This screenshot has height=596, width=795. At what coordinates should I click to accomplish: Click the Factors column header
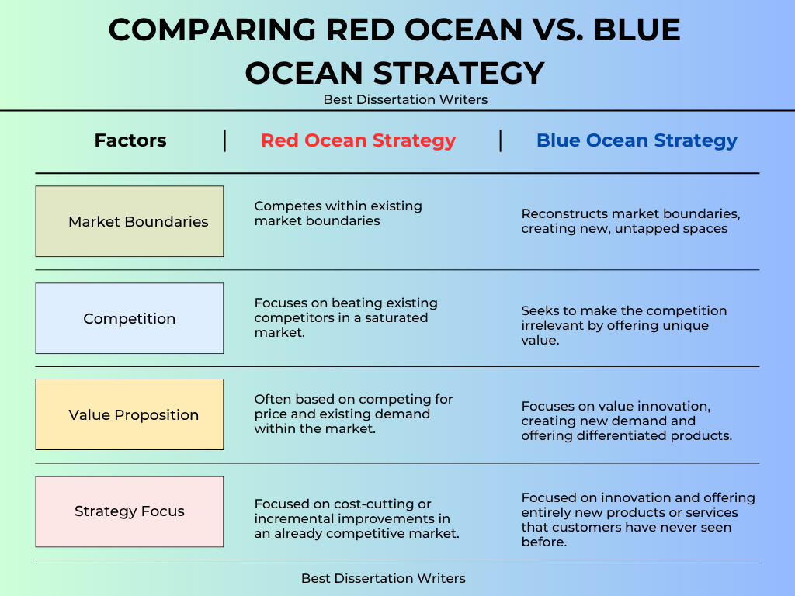130,140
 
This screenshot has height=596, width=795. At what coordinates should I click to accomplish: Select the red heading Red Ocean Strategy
358,141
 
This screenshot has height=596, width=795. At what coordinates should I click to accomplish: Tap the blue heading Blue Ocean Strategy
637,141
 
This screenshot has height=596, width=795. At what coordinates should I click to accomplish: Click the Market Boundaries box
130,221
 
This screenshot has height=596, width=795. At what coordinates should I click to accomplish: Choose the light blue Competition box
130,318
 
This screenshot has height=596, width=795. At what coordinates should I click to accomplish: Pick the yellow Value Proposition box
130,414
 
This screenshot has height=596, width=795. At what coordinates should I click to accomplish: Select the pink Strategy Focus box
130,511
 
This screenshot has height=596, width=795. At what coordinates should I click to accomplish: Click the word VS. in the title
557,29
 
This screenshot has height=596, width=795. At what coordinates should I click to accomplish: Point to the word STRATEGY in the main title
460,73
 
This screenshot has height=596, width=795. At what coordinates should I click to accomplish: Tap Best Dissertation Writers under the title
405,99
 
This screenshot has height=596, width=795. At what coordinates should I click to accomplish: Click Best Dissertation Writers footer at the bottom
384,578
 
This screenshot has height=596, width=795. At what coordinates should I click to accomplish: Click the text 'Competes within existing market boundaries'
338,213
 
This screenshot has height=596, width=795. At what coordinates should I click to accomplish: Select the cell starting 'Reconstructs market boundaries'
630,221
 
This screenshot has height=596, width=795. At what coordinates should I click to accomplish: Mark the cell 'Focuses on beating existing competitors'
345,317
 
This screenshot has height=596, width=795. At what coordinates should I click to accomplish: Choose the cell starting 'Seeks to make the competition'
624,325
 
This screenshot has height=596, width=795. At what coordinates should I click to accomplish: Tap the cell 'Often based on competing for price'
353,414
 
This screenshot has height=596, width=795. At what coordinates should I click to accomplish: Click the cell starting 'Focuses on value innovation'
627,421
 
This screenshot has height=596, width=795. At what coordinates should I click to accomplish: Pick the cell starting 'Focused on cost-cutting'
357,519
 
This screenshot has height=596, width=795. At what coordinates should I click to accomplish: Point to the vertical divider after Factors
224,141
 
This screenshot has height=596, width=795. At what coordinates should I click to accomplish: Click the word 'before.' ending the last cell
544,542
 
